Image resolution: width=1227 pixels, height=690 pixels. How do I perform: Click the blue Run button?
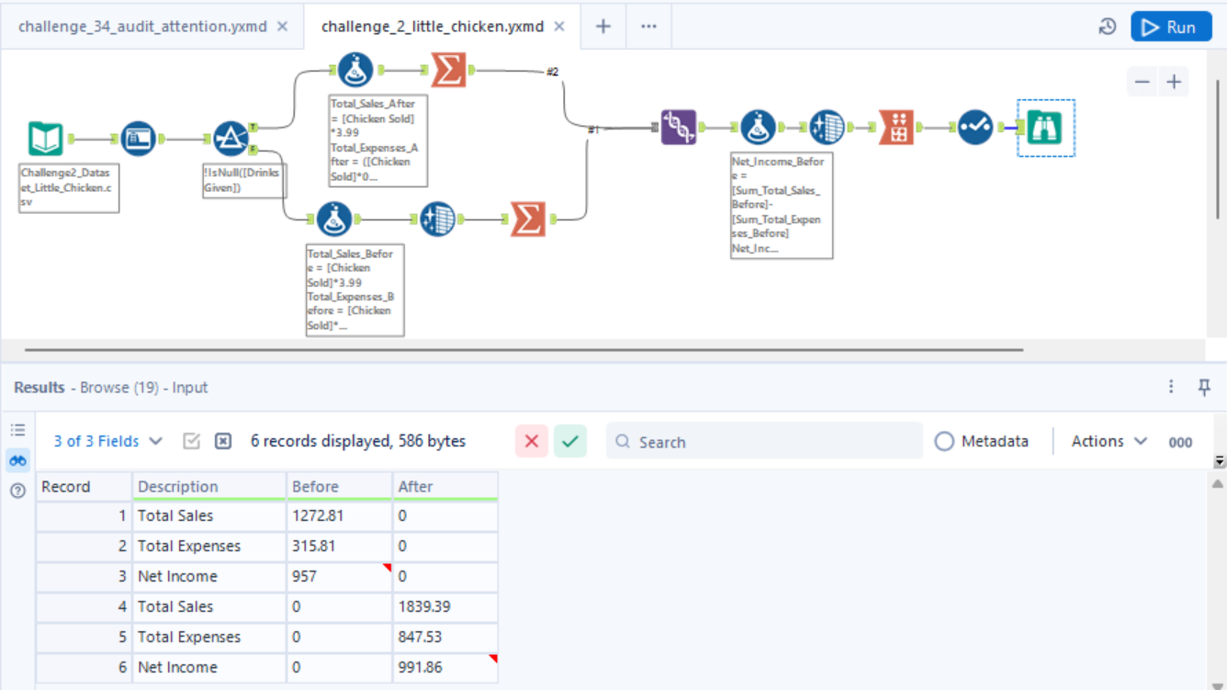pos(1171,27)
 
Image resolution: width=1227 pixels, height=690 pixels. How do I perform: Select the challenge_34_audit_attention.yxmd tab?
pos(142,27)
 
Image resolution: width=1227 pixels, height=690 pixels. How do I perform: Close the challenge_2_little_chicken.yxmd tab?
pos(559,27)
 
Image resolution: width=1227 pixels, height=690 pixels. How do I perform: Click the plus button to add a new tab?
pos(603,27)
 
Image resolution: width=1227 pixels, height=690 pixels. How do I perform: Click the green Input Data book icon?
pos(46,138)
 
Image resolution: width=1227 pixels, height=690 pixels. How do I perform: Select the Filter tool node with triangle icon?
pos(231,138)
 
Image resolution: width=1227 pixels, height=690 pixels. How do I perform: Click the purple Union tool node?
pos(679,127)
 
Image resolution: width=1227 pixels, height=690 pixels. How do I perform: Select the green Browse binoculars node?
pos(1045,128)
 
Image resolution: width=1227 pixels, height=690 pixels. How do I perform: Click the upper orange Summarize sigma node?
pos(448,70)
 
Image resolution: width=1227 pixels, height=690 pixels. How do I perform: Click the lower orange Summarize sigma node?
pos(528,220)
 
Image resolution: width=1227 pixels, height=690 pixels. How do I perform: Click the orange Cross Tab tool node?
pos(896,127)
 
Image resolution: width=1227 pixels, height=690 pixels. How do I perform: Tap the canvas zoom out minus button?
pos(1143,82)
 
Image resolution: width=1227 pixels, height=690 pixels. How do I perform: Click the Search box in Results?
pos(764,441)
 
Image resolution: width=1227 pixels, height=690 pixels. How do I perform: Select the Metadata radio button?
pos(944,441)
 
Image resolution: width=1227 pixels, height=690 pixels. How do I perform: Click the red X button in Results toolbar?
pos(532,441)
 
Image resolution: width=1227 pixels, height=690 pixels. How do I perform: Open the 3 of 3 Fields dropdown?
pos(107,441)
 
